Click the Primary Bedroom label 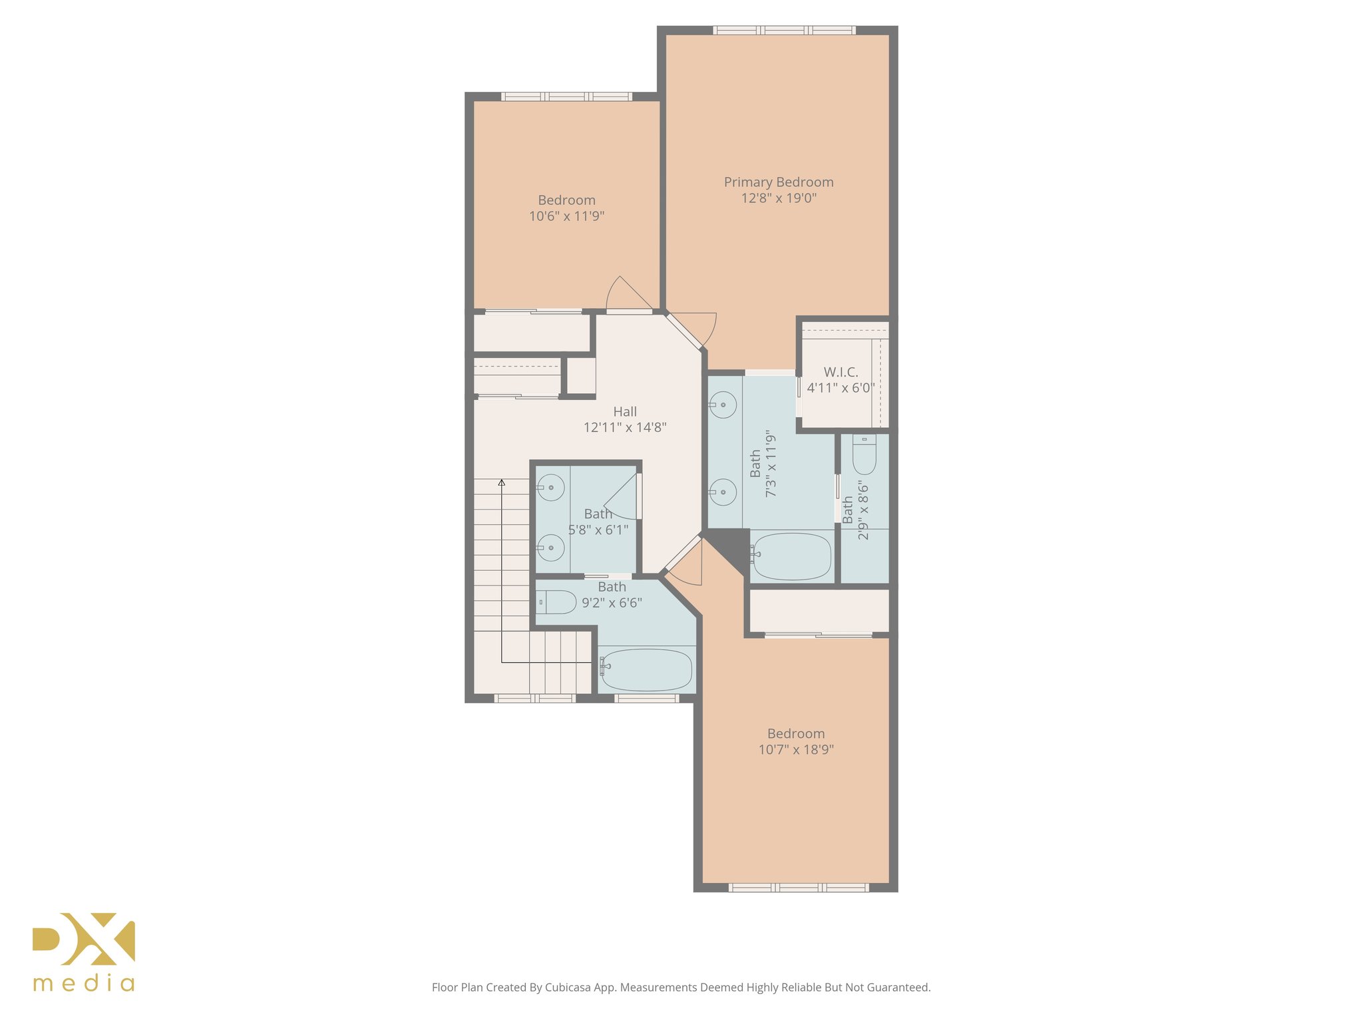tap(778, 182)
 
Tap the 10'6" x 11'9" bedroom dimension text tap(566, 216)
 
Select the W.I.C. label tap(841, 372)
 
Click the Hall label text tap(625, 412)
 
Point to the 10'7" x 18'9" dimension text tap(796, 750)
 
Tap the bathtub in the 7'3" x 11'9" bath tap(792, 556)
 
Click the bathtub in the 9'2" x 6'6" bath tap(646, 669)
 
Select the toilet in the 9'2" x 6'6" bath tap(556, 602)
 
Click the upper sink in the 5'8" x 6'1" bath tap(551, 488)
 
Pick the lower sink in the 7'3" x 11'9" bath tap(723, 492)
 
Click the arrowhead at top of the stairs tap(502, 482)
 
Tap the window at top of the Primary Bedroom tap(784, 30)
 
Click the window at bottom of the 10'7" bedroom tap(798, 888)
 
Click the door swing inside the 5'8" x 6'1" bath tap(623, 500)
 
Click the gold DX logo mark tap(84, 938)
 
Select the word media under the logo tap(84, 983)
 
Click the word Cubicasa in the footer tap(568, 987)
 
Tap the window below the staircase tap(534, 699)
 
